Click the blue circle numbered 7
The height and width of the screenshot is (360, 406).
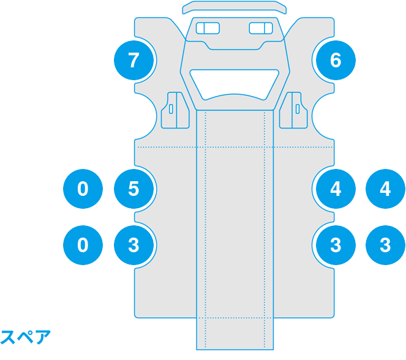click(x=134, y=61)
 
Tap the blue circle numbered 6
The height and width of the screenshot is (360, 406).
click(x=335, y=61)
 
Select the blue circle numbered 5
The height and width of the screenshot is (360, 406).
click(x=134, y=189)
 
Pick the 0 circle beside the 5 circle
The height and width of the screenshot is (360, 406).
click(x=83, y=189)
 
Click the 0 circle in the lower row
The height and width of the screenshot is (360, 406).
click(x=83, y=245)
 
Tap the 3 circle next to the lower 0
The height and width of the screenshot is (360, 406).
click(x=134, y=245)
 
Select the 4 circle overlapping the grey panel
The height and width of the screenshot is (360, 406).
click(x=335, y=189)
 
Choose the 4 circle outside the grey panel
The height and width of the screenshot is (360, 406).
click(x=385, y=189)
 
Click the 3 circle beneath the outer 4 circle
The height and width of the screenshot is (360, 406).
click(x=385, y=245)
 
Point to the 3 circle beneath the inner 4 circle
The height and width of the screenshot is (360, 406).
click(x=335, y=245)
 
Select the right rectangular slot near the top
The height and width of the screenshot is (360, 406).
click(x=261, y=28)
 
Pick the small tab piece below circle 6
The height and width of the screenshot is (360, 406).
click(x=296, y=110)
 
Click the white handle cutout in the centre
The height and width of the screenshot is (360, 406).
click(x=235, y=82)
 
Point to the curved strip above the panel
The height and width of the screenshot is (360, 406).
click(x=235, y=7)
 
